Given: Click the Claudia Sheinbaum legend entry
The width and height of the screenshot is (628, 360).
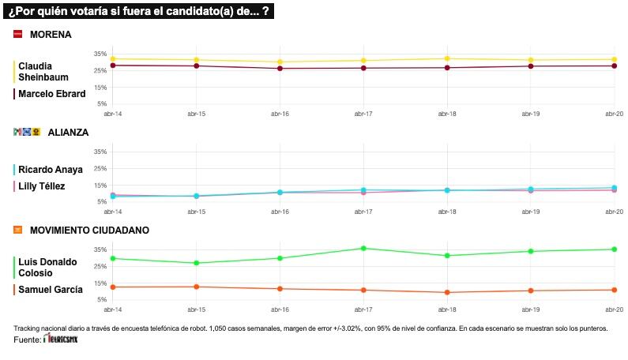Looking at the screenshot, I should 41,71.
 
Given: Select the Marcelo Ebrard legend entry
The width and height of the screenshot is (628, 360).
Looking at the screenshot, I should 51,93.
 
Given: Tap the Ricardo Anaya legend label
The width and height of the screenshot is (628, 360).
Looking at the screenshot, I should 50,170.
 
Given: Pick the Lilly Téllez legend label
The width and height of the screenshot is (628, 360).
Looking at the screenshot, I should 42,186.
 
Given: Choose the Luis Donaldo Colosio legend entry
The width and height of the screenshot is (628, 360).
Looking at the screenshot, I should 47,267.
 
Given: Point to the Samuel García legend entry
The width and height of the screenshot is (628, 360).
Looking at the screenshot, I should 50,290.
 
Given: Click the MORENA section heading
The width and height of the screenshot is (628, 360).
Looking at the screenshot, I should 50,35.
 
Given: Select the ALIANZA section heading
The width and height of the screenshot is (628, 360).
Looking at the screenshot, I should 67,133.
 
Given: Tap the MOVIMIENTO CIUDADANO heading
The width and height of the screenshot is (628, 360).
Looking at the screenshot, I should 88,230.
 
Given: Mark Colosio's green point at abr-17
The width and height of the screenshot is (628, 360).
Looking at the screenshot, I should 363,248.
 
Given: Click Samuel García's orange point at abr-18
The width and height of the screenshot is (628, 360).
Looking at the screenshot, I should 447,292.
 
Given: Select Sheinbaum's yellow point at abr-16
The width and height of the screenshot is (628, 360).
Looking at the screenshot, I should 279,62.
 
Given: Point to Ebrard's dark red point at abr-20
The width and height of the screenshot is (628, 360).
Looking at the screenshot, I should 615,66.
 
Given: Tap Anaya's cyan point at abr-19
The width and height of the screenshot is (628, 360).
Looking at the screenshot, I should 531,189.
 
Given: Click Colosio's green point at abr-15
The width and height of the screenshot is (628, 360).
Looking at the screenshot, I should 196,263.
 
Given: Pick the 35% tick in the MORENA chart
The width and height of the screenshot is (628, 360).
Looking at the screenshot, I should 100,54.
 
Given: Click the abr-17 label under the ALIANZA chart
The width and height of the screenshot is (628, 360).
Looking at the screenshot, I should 363,212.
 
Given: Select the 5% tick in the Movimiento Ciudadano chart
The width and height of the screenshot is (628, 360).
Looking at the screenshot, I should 102,299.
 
